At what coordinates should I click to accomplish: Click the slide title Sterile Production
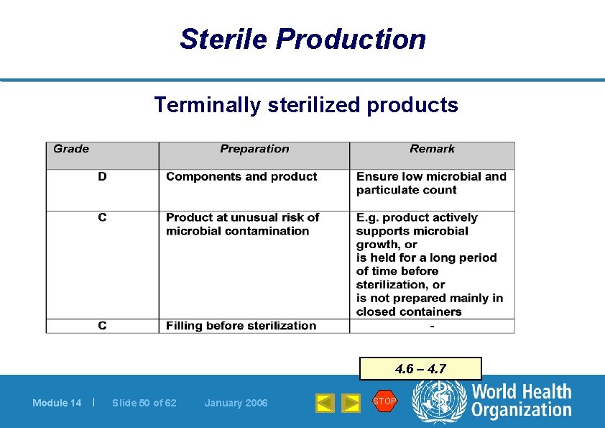(302, 39)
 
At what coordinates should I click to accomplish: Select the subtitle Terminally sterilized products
(305, 105)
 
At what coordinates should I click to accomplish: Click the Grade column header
(72, 149)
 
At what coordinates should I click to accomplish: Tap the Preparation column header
(254, 149)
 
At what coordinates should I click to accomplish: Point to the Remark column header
(432, 149)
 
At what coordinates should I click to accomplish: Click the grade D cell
(102, 177)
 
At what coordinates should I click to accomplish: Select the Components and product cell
(241, 177)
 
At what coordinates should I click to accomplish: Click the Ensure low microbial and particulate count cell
(431, 183)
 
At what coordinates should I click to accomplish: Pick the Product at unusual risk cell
(242, 224)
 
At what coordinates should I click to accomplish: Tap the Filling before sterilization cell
(241, 326)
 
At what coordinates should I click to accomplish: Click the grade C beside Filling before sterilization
(102, 326)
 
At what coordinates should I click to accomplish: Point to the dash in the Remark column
(432, 326)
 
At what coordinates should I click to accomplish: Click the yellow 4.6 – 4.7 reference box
(420, 369)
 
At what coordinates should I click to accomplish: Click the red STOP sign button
(384, 401)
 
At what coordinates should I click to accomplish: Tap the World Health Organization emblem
(439, 401)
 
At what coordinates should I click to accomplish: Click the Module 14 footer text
(57, 403)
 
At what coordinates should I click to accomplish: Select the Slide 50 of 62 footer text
(144, 403)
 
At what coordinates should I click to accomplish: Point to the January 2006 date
(236, 403)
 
